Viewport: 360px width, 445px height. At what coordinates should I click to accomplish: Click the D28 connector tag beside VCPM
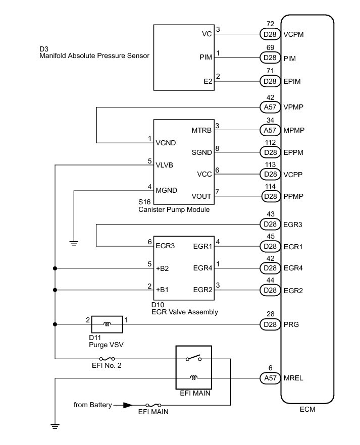(270, 35)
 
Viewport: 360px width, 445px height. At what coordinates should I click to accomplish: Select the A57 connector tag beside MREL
(270, 377)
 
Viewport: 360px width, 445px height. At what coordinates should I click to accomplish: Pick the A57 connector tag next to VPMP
(270, 107)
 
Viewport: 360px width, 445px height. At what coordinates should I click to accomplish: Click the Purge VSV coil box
(107, 324)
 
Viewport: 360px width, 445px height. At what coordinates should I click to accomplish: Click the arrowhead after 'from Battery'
(128, 405)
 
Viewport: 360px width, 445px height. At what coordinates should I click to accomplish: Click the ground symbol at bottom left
(55, 426)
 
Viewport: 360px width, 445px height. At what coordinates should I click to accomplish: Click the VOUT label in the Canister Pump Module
(202, 196)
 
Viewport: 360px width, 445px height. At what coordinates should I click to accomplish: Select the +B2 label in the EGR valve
(163, 268)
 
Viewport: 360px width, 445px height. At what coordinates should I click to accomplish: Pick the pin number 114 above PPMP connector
(271, 186)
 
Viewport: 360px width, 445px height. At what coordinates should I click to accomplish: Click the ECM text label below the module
(307, 409)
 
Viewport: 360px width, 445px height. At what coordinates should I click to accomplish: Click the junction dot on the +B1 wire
(55, 290)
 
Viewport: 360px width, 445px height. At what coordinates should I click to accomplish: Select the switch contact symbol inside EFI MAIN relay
(193, 358)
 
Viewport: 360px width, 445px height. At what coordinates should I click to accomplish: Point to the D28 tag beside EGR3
(270, 224)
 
